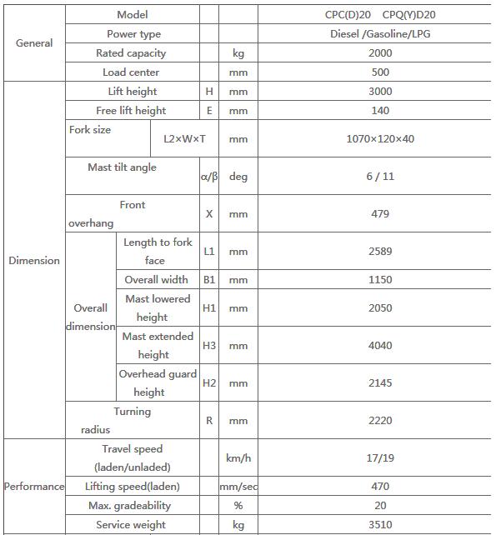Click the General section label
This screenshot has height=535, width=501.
pos(34,43)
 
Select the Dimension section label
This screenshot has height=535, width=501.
pos(34,261)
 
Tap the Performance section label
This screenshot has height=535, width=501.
pos(34,487)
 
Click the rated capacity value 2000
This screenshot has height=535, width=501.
pos(380,53)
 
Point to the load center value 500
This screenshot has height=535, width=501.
pos(380,72)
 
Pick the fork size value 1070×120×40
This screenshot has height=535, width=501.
pos(380,139)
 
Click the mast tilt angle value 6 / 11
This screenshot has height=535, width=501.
pos(380,177)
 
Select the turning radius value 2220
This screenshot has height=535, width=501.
pos(380,421)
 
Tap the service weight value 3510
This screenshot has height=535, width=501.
pos(380,525)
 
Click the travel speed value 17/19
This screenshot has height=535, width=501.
pos(380,458)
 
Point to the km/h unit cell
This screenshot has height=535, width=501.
pos(238,458)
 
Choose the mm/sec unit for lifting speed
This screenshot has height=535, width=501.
pos(238,487)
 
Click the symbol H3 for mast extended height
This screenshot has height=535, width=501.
pos(209,346)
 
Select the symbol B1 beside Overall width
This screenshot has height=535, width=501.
pos(209,280)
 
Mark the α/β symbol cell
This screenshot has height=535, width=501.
pos(209,177)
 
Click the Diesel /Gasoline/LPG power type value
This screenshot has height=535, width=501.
pos(380,34)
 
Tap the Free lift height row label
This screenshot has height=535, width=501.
pos(131,111)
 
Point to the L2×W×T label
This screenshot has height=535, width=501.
pos(184,139)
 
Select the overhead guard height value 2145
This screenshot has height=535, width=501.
pos(380,383)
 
